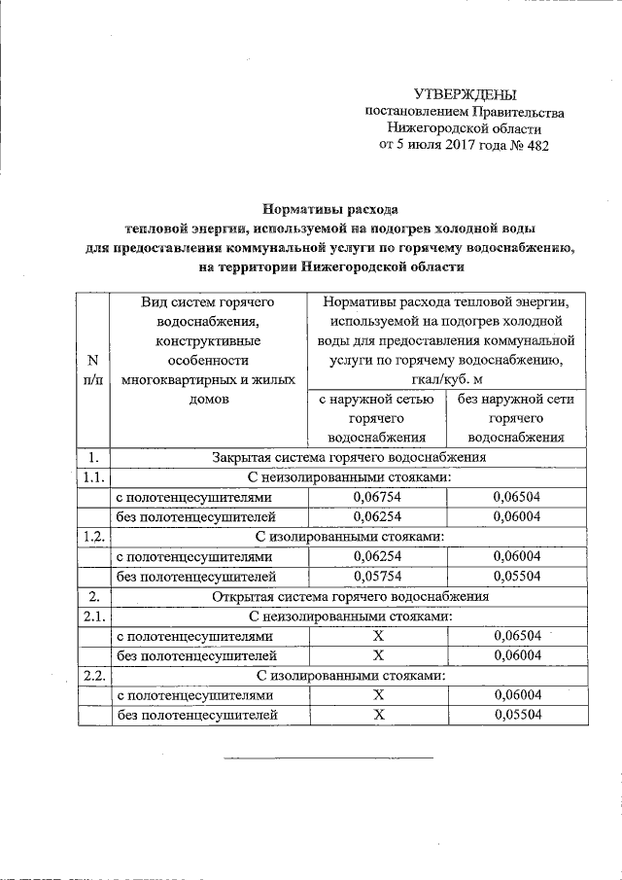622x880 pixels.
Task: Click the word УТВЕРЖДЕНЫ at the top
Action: (x=465, y=94)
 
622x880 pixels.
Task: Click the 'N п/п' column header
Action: (x=92, y=370)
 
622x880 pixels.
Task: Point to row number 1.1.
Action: (x=93, y=476)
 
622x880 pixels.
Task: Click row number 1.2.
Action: (x=93, y=537)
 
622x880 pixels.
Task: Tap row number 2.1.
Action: (x=93, y=616)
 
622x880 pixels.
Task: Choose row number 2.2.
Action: (x=93, y=676)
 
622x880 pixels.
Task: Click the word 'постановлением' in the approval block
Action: (x=413, y=112)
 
